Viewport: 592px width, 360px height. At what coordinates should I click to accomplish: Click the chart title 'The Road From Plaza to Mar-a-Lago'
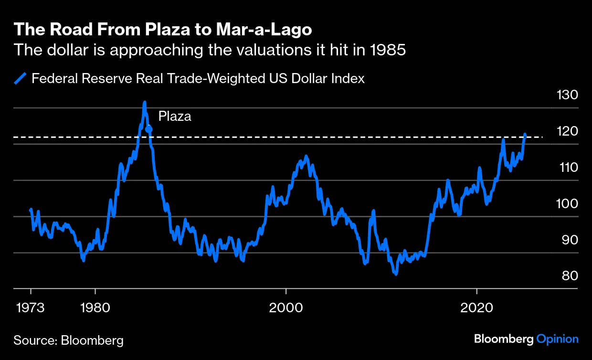pyautogui.click(x=163, y=30)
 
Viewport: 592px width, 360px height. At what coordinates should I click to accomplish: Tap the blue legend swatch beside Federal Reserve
pyautogui.click(x=21, y=78)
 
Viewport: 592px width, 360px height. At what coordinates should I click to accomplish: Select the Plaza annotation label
pyautogui.click(x=175, y=116)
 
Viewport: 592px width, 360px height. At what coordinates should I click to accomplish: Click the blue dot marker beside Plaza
pyautogui.click(x=149, y=128)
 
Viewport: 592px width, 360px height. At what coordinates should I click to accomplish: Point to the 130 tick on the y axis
pyautogui.click(x=567, y=95)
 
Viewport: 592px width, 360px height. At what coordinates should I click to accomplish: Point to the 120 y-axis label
pyautogui.click(x=567, y=131)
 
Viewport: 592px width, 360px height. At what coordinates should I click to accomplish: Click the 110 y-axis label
pyautogui.click(x=567, y=168)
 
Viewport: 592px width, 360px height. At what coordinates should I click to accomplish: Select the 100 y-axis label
pyautogui.click(x=567, y=204)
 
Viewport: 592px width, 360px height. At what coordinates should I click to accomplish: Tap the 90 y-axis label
pyautogui.click(x=567, y=240)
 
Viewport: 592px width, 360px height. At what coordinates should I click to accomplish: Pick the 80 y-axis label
pyautogui.click(x=567, y=276)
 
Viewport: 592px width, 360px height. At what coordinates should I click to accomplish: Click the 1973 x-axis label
pyautogui.click(x=31, y=307)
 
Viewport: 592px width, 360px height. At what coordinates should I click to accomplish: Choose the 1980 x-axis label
pyautogui.click(x=95, y=307)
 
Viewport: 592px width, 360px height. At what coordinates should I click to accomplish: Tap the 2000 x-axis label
pyautogui.click(x=285, y=307)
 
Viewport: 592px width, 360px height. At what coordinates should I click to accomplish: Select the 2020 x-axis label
pyautogui.click(x=476, y=307)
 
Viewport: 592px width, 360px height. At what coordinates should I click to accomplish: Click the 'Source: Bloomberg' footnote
pyautogui.click(x=68, y=340)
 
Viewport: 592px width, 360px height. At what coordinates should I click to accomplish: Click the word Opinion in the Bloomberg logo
pyautogui.click(x=557, y=339)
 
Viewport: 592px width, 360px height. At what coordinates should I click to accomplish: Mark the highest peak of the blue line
pyautogui.click(x=144, y=103)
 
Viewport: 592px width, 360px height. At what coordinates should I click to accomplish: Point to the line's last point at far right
pyautogui.click(x=525, y=135)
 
